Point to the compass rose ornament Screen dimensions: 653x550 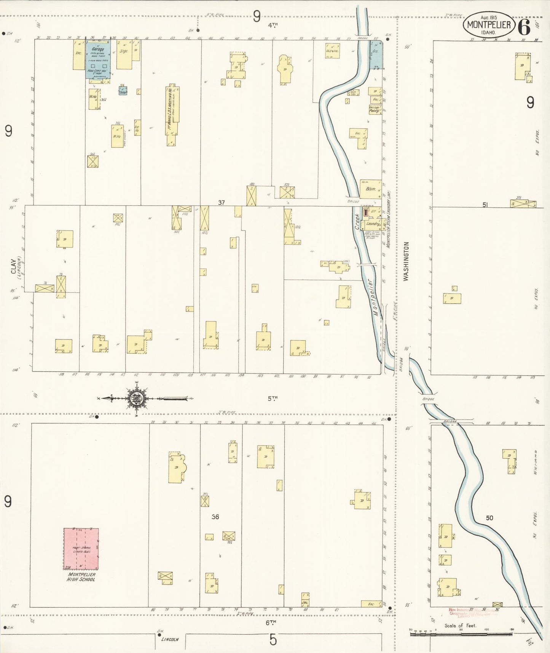136,399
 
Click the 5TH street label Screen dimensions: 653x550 272,399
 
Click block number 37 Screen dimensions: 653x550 222,203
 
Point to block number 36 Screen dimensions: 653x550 215,517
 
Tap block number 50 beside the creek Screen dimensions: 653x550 489,518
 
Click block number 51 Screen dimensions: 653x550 485,205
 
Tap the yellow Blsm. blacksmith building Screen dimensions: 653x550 370,189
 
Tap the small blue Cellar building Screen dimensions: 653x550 123,91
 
